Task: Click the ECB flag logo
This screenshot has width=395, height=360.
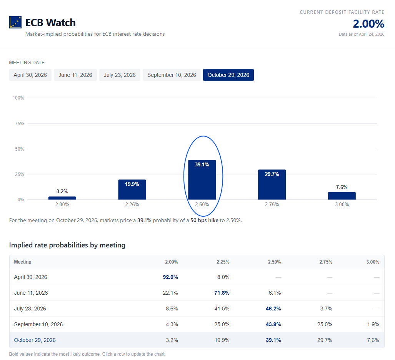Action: pos(15,22)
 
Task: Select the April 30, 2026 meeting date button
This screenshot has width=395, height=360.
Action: pos(30,75)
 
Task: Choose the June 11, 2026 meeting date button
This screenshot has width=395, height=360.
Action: pos(75,75)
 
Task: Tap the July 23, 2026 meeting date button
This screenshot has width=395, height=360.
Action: pos(120,75)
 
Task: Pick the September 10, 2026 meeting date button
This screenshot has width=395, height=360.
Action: pos(172,75)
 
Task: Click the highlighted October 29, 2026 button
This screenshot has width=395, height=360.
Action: pos(228,75)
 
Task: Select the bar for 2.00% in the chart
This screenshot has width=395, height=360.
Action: pos(62,198)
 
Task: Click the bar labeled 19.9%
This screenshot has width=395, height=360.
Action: pos(132,190)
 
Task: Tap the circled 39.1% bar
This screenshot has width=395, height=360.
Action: pos(202,180)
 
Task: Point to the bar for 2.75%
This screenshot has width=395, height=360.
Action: pos(272,185)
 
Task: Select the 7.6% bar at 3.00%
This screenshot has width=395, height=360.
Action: pos(342,196)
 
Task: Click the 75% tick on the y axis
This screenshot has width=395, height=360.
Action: pos(18,124)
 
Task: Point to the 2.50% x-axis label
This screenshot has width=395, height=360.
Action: pos(202,205)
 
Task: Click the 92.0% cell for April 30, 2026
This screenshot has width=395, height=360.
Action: pos(171,277)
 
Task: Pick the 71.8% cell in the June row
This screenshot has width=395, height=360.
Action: pos(222,293)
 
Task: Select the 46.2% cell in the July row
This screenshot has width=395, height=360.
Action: pos(273,309)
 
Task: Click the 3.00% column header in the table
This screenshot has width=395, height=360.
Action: pos(373,262)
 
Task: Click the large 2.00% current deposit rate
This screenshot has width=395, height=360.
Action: pos(368,24)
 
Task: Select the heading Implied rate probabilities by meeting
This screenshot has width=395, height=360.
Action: pos(67,245)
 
